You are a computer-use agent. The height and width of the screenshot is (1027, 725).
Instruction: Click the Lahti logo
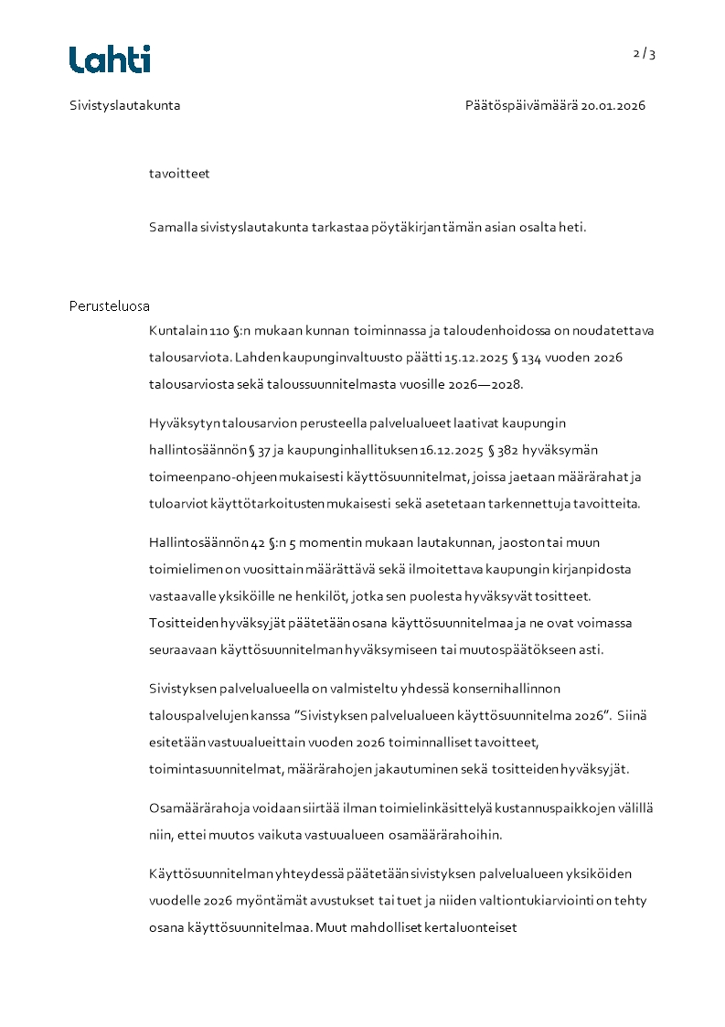(x=110, y=59)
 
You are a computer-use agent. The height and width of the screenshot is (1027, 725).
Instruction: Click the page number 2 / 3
(x=645, y=54)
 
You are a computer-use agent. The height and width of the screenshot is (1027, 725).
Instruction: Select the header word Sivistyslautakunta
(x=124, y=105)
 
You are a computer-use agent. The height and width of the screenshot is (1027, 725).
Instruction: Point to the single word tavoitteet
(x=179, y=173)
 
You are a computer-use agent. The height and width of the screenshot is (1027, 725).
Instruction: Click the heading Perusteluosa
(x=110, y=306)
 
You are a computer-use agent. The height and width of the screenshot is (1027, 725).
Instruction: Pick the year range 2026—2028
(x=485, y=384)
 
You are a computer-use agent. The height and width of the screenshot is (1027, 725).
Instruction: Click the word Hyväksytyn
(x=183, y=423)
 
